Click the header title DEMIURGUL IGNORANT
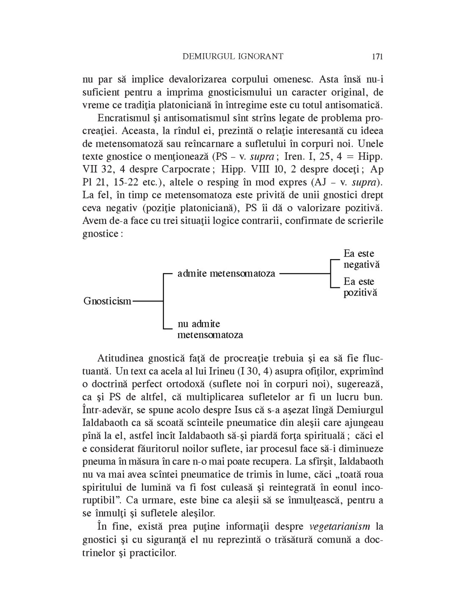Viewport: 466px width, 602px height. coord(233,56)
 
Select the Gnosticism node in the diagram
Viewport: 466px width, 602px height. coord(107,301)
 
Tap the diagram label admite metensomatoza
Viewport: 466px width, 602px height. coord(226,273)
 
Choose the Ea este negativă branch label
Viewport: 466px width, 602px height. coord(361,259)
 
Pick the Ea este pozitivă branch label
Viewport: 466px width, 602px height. coord(360,287)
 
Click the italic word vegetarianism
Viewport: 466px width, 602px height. coord(340,527)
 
